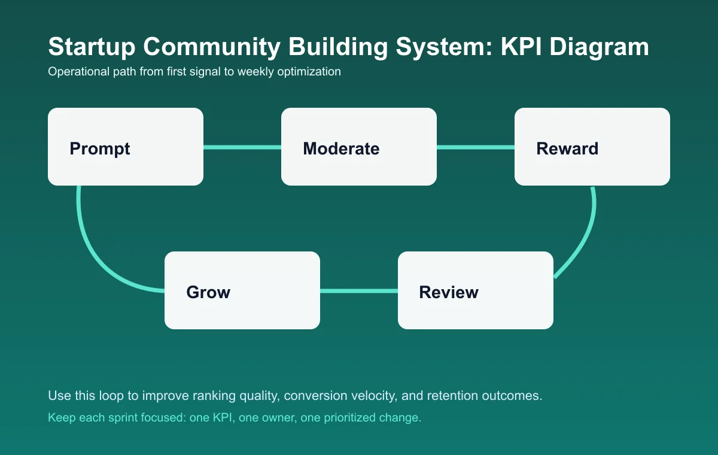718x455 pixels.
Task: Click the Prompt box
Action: point(126,147)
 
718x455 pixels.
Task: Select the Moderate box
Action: point(359,147)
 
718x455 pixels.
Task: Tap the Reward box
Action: point(592,147)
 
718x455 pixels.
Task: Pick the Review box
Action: point(476,290)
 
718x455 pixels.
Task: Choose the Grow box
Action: point(242,290)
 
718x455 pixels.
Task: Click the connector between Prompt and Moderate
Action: point(242,147)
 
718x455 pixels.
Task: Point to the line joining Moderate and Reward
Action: point(476,147)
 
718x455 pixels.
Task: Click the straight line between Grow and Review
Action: point(359,291)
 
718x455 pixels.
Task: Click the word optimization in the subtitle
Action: point(308,72)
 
